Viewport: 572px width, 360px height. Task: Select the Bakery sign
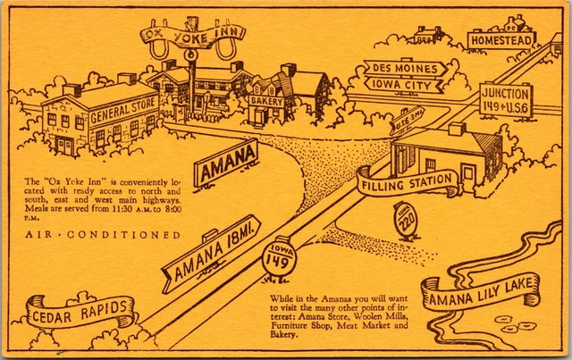(x=267, y=102)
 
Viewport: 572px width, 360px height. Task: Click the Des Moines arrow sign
(x=405, y=69)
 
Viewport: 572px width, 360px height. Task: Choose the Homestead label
(x=502, y=40)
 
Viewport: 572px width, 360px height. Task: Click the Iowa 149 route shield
(x=276, y=257)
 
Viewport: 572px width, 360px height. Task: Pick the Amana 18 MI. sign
(x=211, y=253)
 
